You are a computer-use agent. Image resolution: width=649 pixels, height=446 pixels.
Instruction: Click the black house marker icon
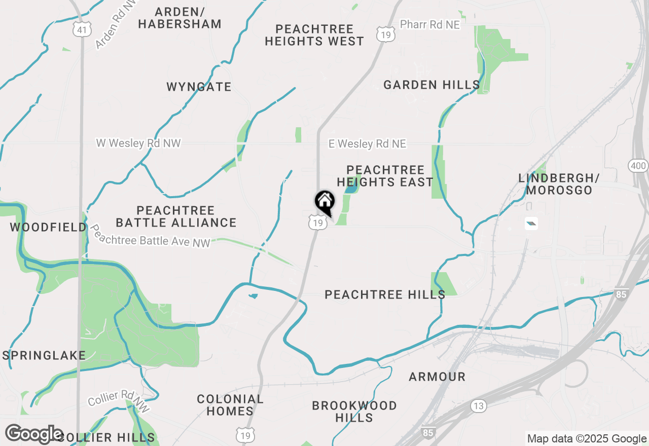pyautogui.click(x=325, y=202)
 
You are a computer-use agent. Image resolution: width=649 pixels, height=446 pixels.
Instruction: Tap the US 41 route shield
pyautogui.click(x=81, y=29)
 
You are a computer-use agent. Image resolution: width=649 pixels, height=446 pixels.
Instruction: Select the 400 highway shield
pyautogui.click(x=637, y=165)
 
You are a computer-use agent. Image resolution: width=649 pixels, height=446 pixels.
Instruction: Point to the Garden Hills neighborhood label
pyautogui.click(x=431, y=85)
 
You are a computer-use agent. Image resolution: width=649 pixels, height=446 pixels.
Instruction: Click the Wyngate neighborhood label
pyautogui.click(x=199, y=87)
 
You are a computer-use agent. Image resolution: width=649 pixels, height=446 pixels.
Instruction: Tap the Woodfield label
pyautogui.click(x=48, y=227)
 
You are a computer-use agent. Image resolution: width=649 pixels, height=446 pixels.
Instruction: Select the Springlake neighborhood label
pyautogui.click(x=44, y=355)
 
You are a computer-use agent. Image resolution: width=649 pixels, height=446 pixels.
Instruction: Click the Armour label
pyautogui.click(x=437, y=377)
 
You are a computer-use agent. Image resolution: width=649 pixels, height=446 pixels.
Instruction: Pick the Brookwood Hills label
pyautogui.click(x=354, y=412)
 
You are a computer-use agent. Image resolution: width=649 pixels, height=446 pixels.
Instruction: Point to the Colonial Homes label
pyautogui.click(x=230, y=405)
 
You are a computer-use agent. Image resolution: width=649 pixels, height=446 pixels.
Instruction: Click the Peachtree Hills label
pyautogui.click(x=385, y=294)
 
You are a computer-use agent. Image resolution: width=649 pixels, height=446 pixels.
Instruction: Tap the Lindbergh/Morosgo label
pyautogui.click(x=559, y=184)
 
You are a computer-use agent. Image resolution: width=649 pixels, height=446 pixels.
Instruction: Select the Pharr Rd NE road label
pyautogui.click(x=430, y=24)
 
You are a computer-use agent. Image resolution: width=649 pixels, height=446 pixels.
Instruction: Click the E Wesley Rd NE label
pyautogui.click(x=367, y=144)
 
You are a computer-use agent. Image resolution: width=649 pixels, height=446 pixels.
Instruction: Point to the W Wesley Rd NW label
pyautogui.click(x=138, y=143)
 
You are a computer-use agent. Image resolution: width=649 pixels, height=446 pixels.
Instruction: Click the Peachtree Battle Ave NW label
pyautogui.click(x=150, y=236)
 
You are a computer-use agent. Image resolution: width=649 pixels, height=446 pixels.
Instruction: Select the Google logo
pyautogui.click(x=34, y=434)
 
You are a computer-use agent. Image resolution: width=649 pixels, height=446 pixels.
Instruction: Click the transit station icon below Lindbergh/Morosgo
pyautogui.click(x=531, y=224)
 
